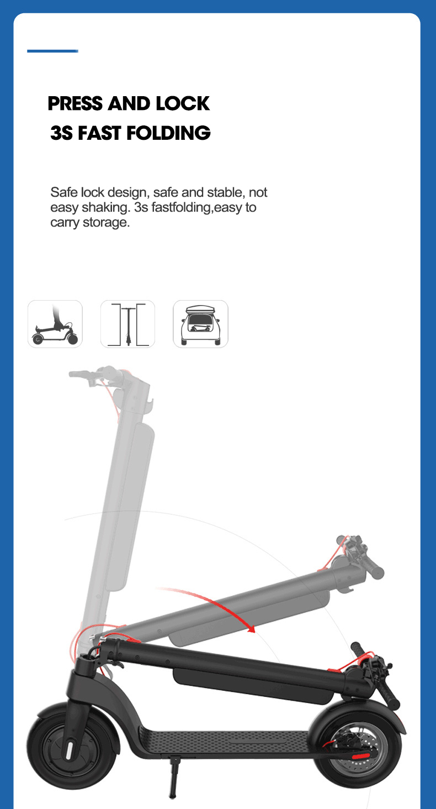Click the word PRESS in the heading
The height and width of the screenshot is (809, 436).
pos(75,104)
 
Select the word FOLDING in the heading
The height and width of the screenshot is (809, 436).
pos(168,133)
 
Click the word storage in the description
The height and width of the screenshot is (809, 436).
pos(106,223)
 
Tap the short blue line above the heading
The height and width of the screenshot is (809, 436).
pos(52,51)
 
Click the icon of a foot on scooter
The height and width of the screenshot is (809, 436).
pos(55,324)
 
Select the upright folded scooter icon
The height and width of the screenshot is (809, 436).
pos(127,324)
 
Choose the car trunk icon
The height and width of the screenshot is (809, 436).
pos(200,324)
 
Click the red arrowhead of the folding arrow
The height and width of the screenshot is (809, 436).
pos(251,629)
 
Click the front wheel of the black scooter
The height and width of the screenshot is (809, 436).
pos(71,746)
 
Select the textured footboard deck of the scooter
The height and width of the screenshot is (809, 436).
pos(224,742)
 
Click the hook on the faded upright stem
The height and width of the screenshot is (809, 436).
pos(149,406)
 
